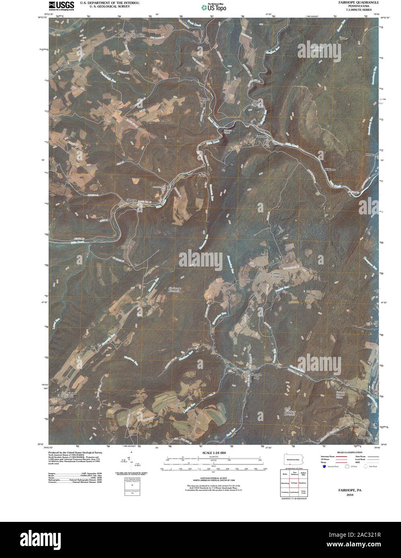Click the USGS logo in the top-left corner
click(61, 5)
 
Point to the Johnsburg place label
click(138, 35)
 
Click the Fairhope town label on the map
click(261, 136)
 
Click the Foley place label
click(202, 175)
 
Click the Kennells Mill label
click(256, 376)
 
